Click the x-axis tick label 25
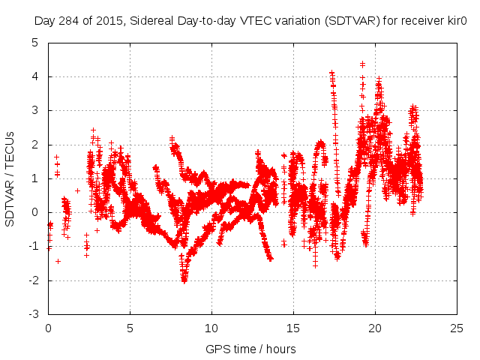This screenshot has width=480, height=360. click(457, 328)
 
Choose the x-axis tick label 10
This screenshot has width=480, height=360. click(211, 328)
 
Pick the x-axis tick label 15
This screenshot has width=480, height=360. click(293, 328)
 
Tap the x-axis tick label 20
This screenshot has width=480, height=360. click(375, 328)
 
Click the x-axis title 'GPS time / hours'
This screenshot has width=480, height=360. click(252, 349)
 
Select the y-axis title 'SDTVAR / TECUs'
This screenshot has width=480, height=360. click(10, 178)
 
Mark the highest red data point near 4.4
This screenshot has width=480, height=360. click(362, 64)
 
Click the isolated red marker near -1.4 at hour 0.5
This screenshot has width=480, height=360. click(58, 261)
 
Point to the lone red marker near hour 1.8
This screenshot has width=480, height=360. click(77, 190)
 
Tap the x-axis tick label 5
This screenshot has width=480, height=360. click(130, 328)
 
